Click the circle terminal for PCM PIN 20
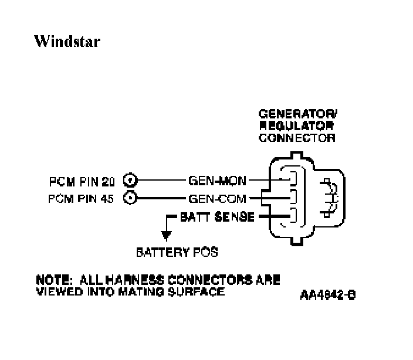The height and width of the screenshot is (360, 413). (x=131, y=180)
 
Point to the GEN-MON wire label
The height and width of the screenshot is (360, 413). (x=218, y=180)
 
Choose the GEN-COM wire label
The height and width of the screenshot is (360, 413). (x=218, y=198)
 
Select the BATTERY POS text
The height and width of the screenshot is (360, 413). (x=177, y=253)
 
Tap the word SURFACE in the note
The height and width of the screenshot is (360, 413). (x=196, y=290)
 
